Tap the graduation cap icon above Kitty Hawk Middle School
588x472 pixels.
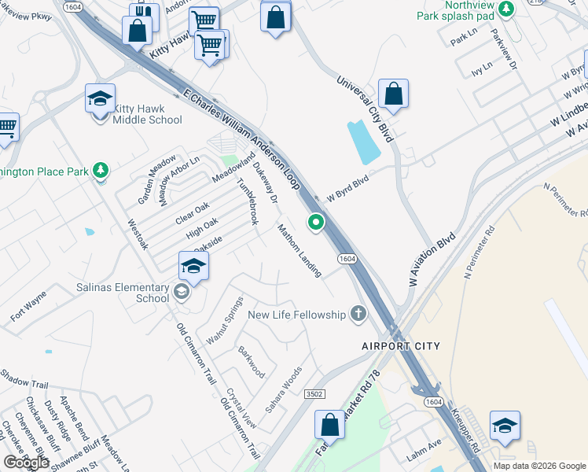coord(101,98)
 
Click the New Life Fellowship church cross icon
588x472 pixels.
coord(358,315)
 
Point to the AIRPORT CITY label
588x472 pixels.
coord(401,346)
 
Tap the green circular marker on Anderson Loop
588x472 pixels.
coord(316,223)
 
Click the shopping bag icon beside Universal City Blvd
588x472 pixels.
coord(393,94)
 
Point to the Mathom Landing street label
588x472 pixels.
coord(300,250)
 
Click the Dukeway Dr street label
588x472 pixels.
coord(266,183)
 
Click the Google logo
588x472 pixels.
coord(27,463)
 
